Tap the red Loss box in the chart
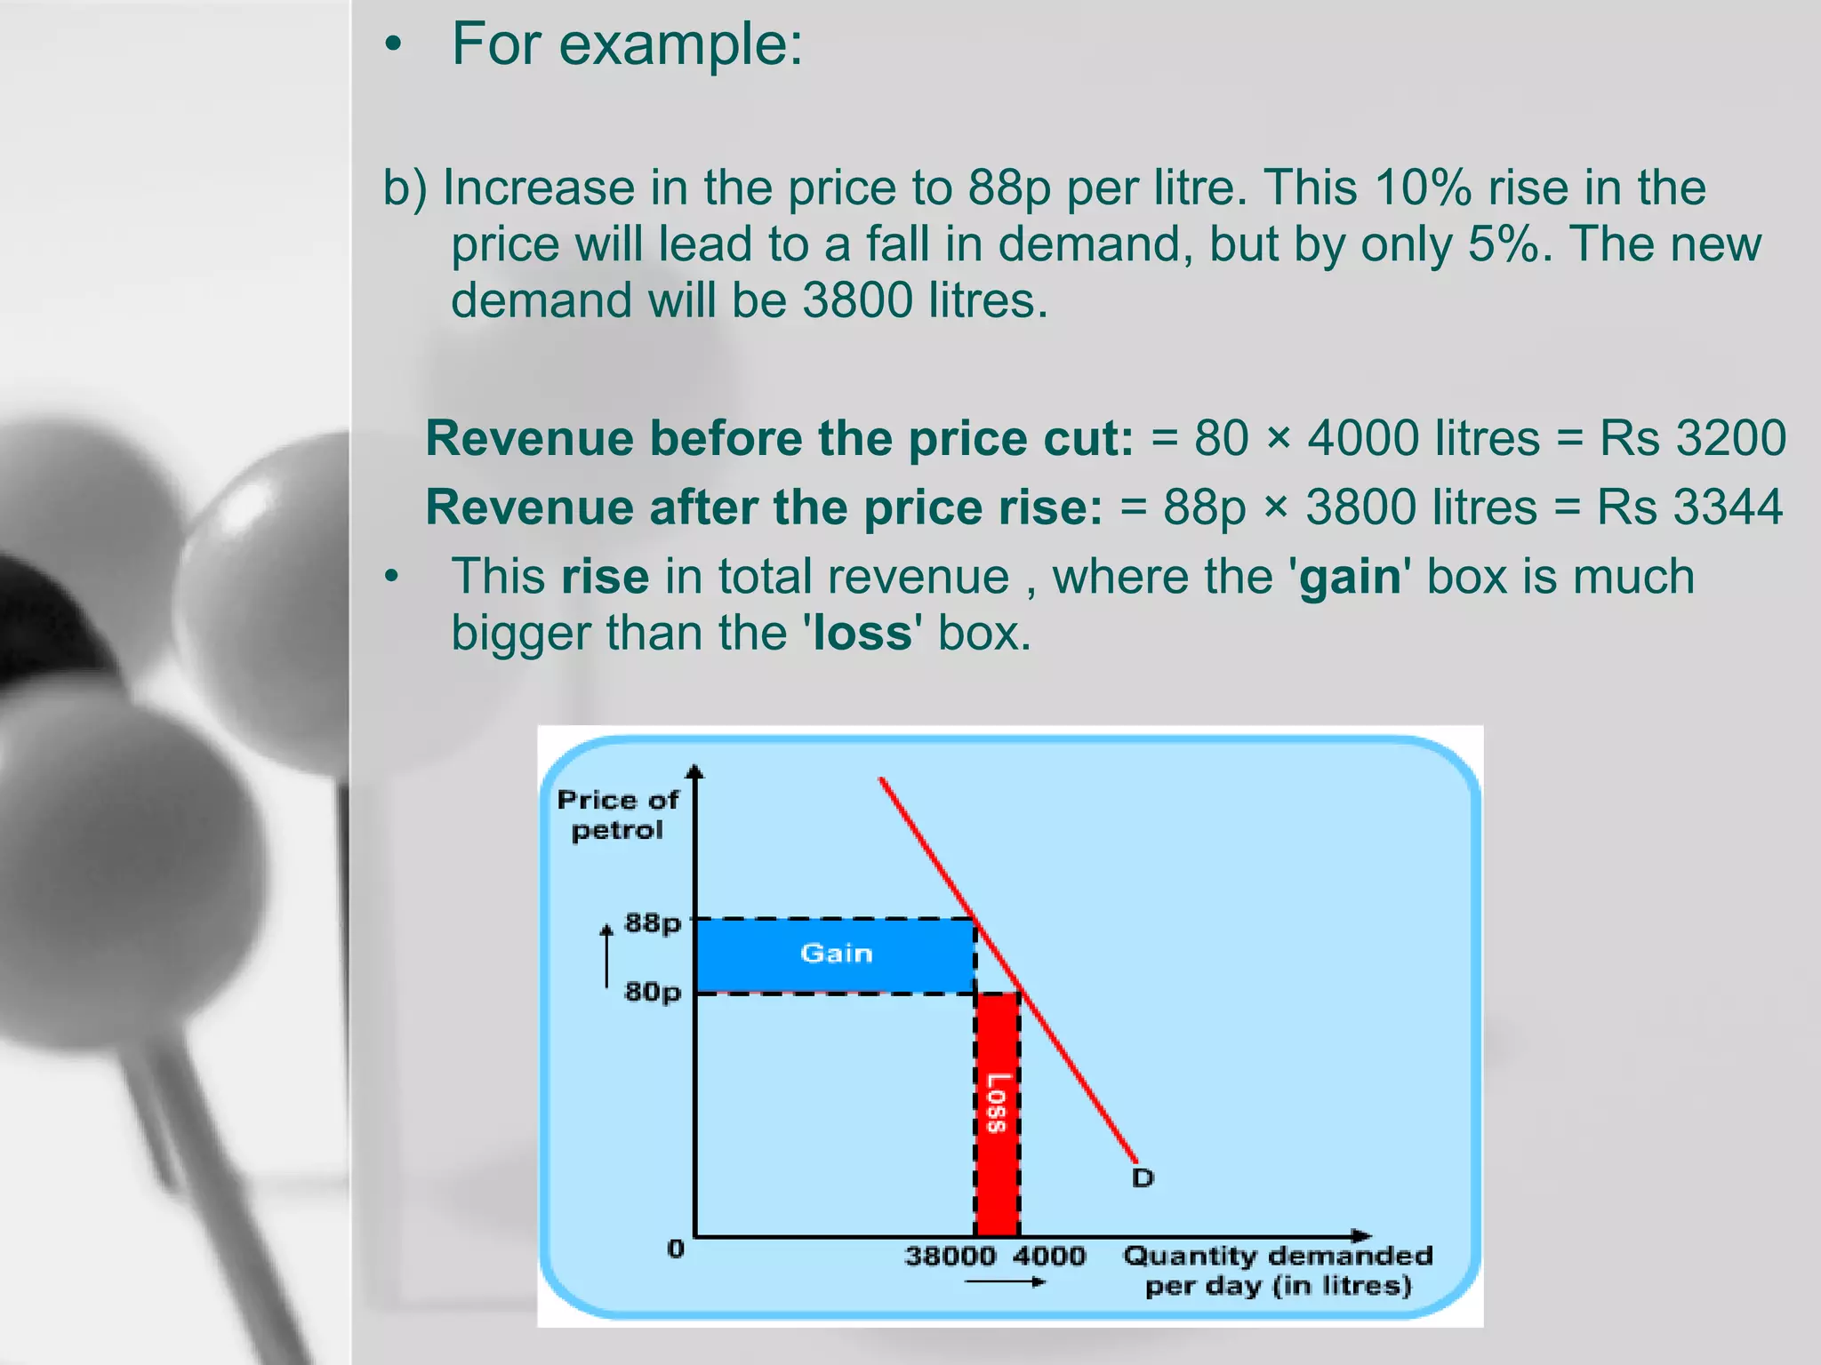pos(997,1111)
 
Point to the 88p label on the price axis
pos(653,923)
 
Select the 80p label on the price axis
pos(653,992)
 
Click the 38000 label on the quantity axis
pos(950,1257)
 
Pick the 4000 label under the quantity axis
pos(1049,1257)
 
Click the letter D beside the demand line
pos(1143,1178)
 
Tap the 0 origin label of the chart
pos(676,1249)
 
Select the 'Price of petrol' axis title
pos(617,815)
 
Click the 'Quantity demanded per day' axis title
pos(1278,1271)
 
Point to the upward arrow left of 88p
pos(607,955)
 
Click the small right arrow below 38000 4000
pos(1005,1281)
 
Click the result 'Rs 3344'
pos(1689,507)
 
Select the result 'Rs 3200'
pos(1692,438)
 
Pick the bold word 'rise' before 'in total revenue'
pos(606,577)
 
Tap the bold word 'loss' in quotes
pos(862,634)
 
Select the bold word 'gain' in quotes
pos(1351,577)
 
